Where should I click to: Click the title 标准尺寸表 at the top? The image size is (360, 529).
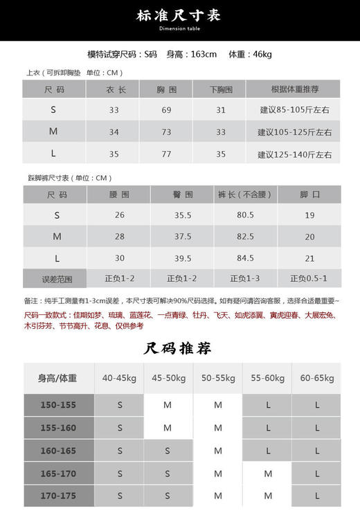pyautogui.click(x=179, y=16)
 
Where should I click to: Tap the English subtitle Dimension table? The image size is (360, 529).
pyautogui.click(x=179, y=29)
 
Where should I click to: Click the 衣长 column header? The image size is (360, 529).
pyautogui.click(x=114, y=89)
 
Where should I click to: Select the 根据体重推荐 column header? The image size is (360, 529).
pyautogui.click(x=294, y=89)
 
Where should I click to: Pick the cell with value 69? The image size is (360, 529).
pyautogui.click(x=166, y=111)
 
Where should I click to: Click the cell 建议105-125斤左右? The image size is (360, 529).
pyautogui.click(x=294, y=132)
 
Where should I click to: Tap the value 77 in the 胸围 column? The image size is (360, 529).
pyautogui.click(x=166, y=154)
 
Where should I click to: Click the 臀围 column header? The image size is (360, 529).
pyautogui.click(x=183, y=195)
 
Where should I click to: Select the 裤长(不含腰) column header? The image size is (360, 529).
pyautogui.click(x=245, y=195)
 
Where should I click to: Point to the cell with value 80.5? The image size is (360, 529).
pyautogui.click(x=245, y=215)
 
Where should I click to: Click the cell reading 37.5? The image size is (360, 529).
pyautogui.click(x=183, y=237)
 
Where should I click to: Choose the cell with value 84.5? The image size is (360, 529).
pyautogui.click(x=245, y=258)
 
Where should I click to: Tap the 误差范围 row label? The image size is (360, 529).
pyautogui.click(x=57, y=280)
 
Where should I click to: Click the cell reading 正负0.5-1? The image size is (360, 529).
pyautogui.click(x=308, y=279)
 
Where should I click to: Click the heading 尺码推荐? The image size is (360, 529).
pyautogui.click(x=178, y=348)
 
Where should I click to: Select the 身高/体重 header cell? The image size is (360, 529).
pyautogui.click(x=58, y=378)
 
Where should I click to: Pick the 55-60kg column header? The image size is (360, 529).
pyautogui.click(x=267, y=378)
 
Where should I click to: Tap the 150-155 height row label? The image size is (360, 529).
pyautogui.click(x=59, y=405)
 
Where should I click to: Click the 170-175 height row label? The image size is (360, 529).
pyautogui.click(x=59, y=496)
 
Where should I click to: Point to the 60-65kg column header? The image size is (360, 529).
pyautogui.click(x=317, y=378)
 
